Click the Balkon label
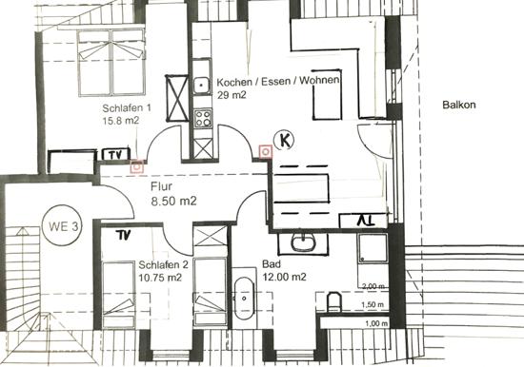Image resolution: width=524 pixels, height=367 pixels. [459, 105]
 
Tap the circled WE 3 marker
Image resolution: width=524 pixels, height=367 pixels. [63, 226]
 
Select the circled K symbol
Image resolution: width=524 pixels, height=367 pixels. [285, 140]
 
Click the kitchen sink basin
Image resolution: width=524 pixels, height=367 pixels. [201, 86]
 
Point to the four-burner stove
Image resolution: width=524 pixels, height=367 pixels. [203, 118]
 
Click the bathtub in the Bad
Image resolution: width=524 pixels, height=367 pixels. [244, 298]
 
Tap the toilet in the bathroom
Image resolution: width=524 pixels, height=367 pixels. [333, 302]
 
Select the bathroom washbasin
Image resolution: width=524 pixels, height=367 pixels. [303, 242]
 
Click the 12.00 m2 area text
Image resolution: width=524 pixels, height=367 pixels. [285, 277]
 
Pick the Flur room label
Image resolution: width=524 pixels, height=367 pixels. [161, 186]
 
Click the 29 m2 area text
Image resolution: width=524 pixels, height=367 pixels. [232, 95]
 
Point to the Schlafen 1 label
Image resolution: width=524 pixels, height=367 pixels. [127, 108]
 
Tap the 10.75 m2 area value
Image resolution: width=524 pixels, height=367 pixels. [160, 278]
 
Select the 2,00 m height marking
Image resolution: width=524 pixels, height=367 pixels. [373, 286]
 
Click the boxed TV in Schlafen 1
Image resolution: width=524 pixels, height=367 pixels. [115, 154]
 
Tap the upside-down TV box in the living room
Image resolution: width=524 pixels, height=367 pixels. [364, 221]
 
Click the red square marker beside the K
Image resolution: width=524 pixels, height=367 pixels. [266, 152]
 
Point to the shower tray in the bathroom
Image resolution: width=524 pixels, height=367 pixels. [373, 247]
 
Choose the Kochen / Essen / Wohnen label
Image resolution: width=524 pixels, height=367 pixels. [278, 81]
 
